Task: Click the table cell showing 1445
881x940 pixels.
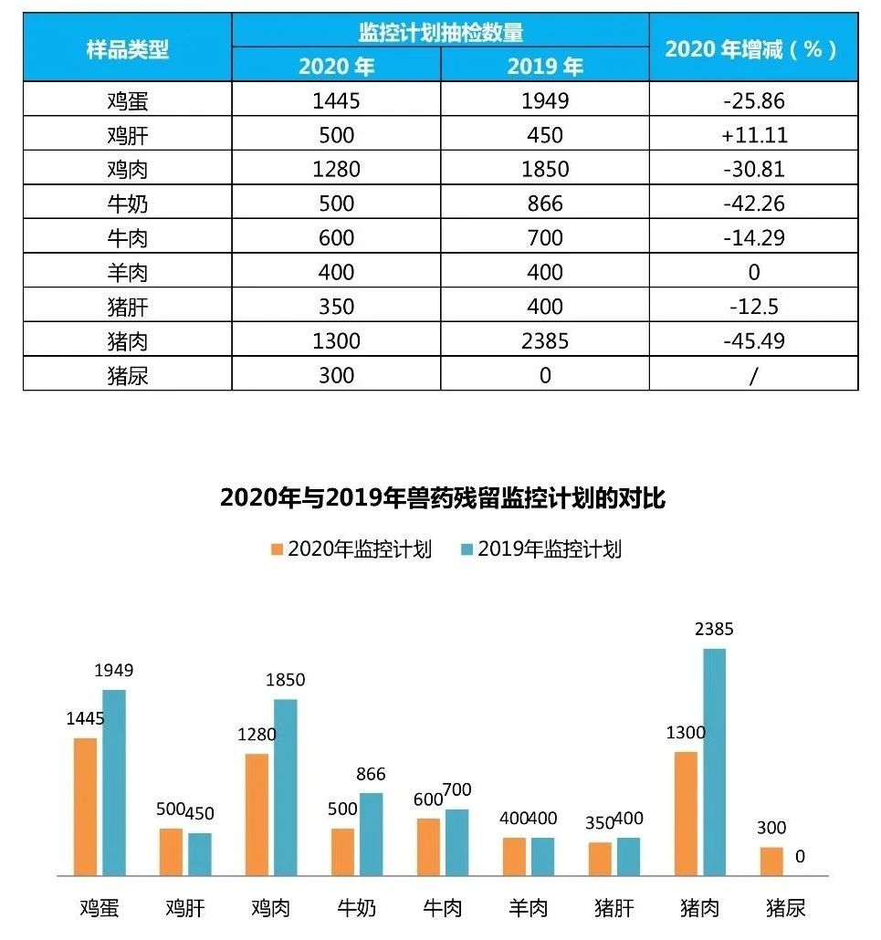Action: (x=336, y=100)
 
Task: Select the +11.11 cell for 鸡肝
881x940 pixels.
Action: (x=753, y=135)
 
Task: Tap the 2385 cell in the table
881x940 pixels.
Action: (x=545, y=341)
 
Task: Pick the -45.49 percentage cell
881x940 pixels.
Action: (x=753, y=341)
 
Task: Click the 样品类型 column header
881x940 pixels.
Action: (x=128, y=48)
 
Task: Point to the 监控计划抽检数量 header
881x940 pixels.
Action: (x=440, y=32)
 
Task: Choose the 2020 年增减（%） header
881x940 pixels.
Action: (x=753, y=48)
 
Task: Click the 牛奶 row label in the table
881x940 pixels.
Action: (x=127, y=204)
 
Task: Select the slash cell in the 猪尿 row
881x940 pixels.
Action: (x=753, y=375)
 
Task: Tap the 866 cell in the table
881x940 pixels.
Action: (x=545, y=204)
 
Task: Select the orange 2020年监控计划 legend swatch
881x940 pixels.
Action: (x=278, y=549)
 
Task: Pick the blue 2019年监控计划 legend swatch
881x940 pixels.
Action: (x=467, y=549)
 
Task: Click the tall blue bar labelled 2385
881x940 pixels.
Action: (x=714, y=762)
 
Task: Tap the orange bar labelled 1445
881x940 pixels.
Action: (x=86, y=807)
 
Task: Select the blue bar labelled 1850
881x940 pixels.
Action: (x=286, y=787)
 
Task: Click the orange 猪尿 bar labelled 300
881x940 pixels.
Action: (x=771, y=862)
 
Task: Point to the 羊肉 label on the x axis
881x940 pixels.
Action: (x=529, y=907)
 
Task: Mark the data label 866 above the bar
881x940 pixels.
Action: (x=371, y=774)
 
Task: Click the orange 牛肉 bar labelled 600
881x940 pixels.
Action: (x=429, y=847)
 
